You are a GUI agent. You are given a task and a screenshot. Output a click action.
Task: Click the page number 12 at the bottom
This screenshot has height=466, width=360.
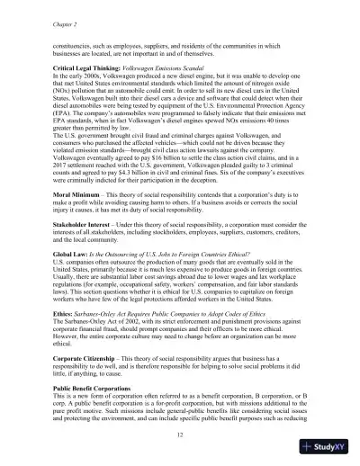(181, 435)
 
